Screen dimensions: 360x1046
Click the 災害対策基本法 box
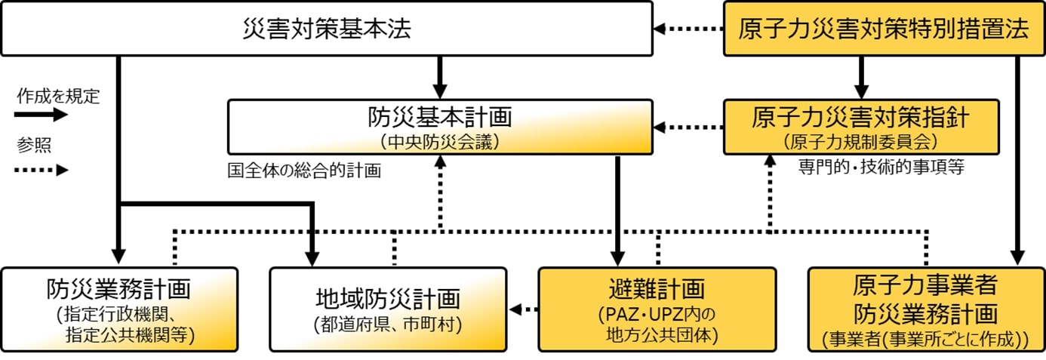click(326, 29)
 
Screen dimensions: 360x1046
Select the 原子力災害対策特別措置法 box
click(883, 29)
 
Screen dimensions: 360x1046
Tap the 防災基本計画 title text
click(440, 117)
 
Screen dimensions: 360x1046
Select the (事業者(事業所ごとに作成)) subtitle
click(926, 340)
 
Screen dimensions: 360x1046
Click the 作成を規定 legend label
click(58, 97)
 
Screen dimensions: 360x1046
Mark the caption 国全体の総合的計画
click(304, 171)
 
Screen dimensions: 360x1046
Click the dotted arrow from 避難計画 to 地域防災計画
click(523, 309)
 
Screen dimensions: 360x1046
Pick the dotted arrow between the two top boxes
click(688, 29)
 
